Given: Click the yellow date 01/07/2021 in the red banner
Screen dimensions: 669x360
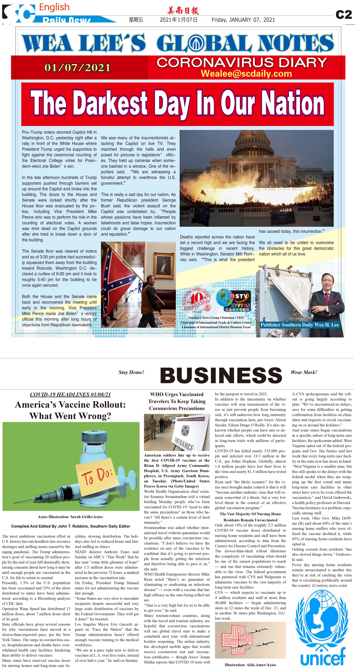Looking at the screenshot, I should point(77,68).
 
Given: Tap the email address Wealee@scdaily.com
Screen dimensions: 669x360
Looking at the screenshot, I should point(246,74).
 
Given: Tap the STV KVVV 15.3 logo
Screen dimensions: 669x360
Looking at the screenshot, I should point(234,300).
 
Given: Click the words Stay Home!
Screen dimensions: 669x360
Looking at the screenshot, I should point(131,372).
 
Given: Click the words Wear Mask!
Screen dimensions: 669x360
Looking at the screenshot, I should point(304,372).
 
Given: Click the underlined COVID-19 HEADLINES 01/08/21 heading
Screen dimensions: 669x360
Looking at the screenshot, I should point(70,394).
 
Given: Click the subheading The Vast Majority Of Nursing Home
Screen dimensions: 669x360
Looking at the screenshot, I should point(250,514).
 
